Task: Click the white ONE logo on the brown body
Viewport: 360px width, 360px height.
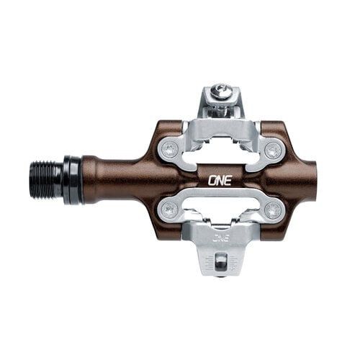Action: coord(220,181)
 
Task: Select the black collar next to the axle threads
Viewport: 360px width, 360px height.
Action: coord(71,180)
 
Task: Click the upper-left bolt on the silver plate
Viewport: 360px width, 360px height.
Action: coord(170,150)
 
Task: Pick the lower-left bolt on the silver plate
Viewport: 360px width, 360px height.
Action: coord(170,210)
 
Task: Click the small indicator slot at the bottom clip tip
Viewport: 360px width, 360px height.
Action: coord(222,261)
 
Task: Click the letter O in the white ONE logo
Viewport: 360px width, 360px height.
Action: coord(212,181)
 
